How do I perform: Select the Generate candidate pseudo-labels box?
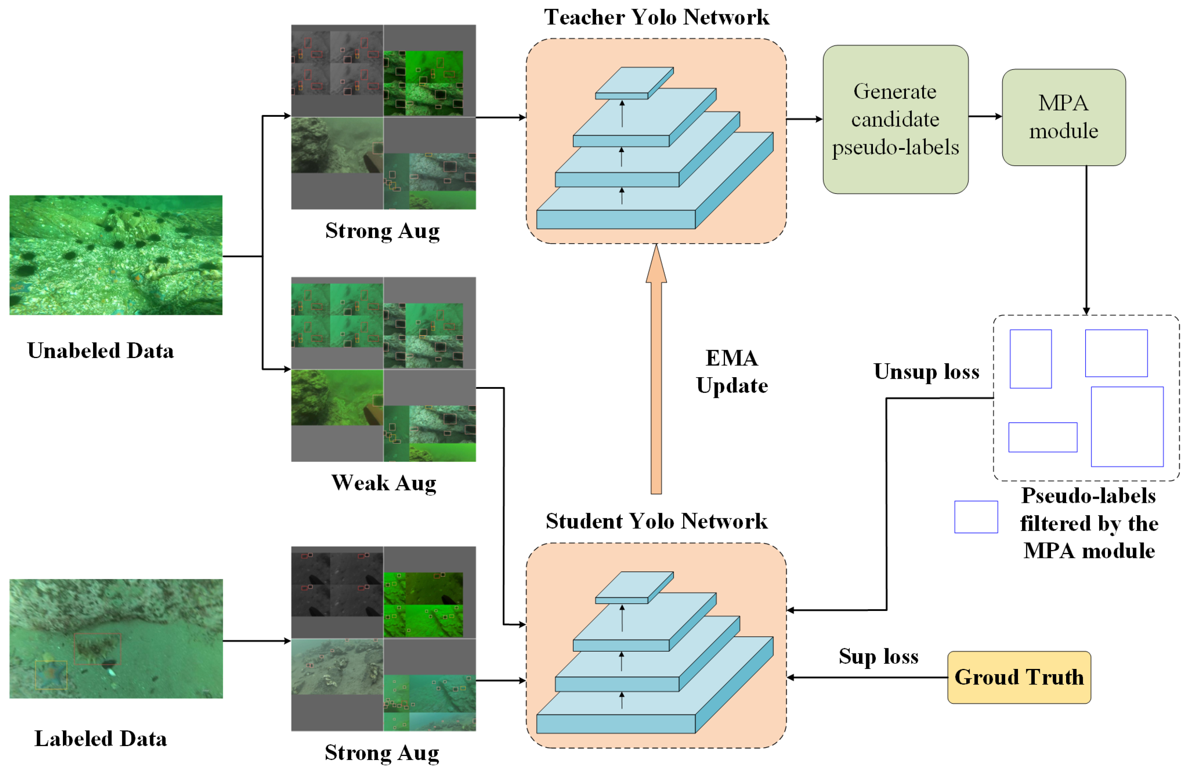coord(895,119)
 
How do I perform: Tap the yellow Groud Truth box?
coord(1019,677)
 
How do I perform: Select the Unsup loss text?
coord(926,372)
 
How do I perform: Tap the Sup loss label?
coord(878,656)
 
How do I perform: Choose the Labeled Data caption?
coord(100,739)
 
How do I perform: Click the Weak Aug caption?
coord(383,483)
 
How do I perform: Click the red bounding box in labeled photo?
coord(98,649)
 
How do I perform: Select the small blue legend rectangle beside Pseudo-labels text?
coord(975,516)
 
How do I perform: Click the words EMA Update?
coord(731,372)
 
